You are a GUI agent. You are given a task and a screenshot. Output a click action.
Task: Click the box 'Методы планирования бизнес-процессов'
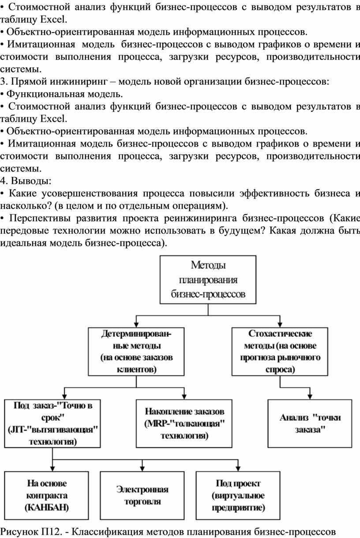(x=208, y=279)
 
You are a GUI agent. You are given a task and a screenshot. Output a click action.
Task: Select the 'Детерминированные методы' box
(x=136, y=351)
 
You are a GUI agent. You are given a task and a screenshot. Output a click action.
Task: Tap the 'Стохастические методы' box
(x=280, y=351)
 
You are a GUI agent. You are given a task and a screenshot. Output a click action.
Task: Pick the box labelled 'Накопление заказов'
(x=184, y=423)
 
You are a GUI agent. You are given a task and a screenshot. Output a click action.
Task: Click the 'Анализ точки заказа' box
(x=310, y=423)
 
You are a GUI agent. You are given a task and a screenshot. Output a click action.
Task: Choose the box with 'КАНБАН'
(x=47, y=495)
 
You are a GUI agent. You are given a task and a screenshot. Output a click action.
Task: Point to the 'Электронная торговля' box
(x=142, y=495)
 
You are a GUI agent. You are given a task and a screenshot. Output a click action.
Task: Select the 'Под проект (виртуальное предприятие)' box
(x=238, y=495)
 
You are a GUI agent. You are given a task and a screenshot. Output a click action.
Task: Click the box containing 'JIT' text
(x=52, y=423)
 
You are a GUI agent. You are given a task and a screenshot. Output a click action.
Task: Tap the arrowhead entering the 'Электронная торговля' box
(x=142, y=469)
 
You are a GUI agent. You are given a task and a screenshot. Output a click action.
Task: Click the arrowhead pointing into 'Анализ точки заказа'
(x=310, y=397)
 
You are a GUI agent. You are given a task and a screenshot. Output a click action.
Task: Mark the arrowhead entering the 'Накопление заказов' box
(x=184, y=397)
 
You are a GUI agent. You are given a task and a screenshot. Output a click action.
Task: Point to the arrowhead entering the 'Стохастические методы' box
(x=280, y=325)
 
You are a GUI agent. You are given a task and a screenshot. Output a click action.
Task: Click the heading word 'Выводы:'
(x=31, y=181)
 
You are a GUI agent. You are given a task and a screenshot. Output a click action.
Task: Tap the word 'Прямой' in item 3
(x=27, y=82)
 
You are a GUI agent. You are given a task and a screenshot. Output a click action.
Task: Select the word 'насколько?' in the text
(x=26, y=206)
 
